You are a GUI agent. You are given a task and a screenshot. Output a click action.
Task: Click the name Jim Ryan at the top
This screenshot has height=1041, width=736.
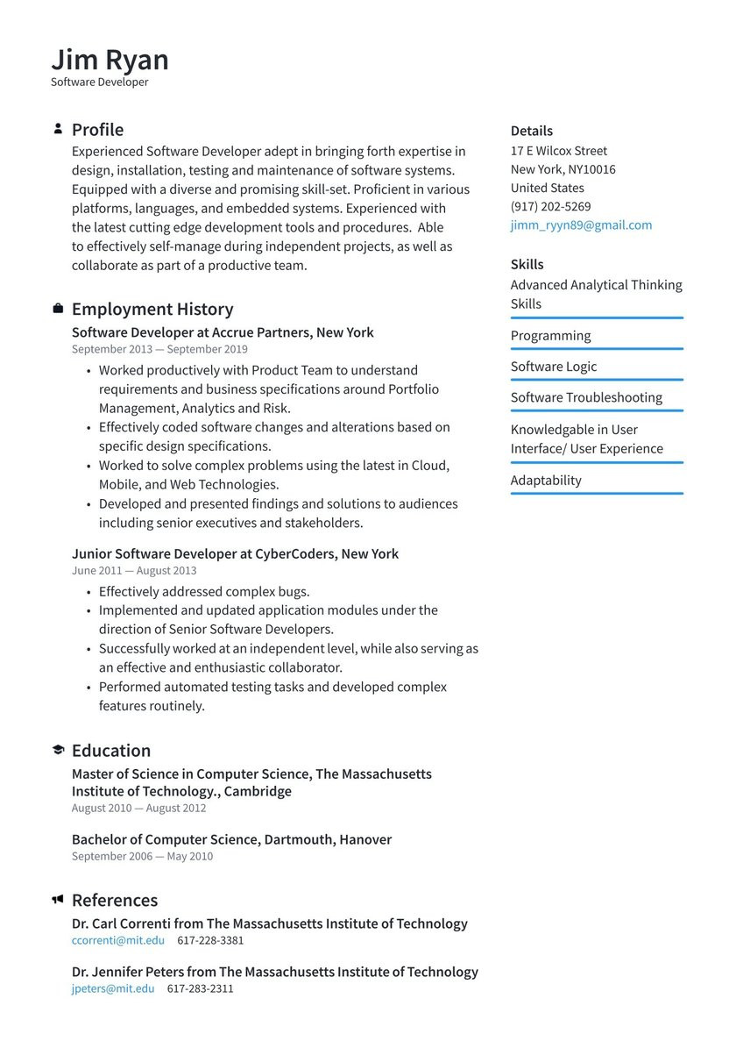110,60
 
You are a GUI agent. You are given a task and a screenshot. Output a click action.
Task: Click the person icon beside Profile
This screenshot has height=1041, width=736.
58,129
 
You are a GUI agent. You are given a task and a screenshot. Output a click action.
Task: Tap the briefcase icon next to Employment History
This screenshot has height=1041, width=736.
58,309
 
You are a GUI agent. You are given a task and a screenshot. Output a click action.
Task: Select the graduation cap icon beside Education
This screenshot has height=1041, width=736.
58,750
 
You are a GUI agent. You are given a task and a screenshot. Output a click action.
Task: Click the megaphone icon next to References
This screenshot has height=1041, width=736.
58,900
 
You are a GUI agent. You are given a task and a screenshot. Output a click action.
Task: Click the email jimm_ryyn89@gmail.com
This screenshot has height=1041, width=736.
581,225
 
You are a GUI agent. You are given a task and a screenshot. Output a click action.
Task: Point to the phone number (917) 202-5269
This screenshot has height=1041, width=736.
550,207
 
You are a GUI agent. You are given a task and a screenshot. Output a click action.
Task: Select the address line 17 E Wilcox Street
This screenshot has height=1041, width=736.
558,151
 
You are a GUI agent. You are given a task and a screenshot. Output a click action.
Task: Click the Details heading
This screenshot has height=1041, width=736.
531,131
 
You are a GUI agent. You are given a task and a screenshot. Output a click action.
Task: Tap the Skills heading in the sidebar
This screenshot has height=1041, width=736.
527,264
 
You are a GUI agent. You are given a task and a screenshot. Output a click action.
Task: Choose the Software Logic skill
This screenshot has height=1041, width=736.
553,367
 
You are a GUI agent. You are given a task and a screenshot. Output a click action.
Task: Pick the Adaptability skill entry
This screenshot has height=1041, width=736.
546,480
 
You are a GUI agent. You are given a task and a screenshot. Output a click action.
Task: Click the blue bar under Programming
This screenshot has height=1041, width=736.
596,349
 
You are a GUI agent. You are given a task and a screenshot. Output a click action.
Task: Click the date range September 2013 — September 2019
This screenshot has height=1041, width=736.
159,349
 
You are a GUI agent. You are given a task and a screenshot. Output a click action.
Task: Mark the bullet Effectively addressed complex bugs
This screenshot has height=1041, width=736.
203,591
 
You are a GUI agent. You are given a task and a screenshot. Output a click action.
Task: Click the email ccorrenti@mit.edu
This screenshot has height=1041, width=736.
117,940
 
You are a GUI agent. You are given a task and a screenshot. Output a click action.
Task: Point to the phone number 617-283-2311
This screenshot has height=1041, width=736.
200,988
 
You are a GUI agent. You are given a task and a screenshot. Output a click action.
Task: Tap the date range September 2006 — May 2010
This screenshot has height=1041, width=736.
142,856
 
